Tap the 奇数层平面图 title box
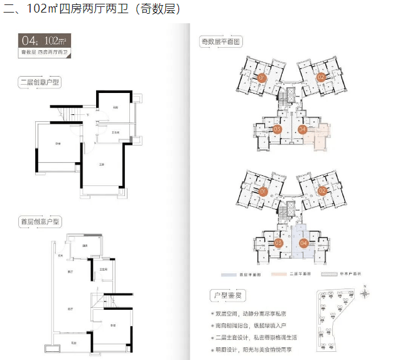click(221, 41)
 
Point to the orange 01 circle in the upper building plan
click(262, 78)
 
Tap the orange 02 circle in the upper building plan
click(320, 78)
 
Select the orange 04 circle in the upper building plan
click(303, 130)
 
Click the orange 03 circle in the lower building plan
click(278, 243)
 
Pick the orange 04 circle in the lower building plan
click(303, 243)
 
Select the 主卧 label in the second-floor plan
click(100, 165)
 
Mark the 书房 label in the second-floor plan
click(116, 107)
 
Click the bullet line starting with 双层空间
click(248, 313)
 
